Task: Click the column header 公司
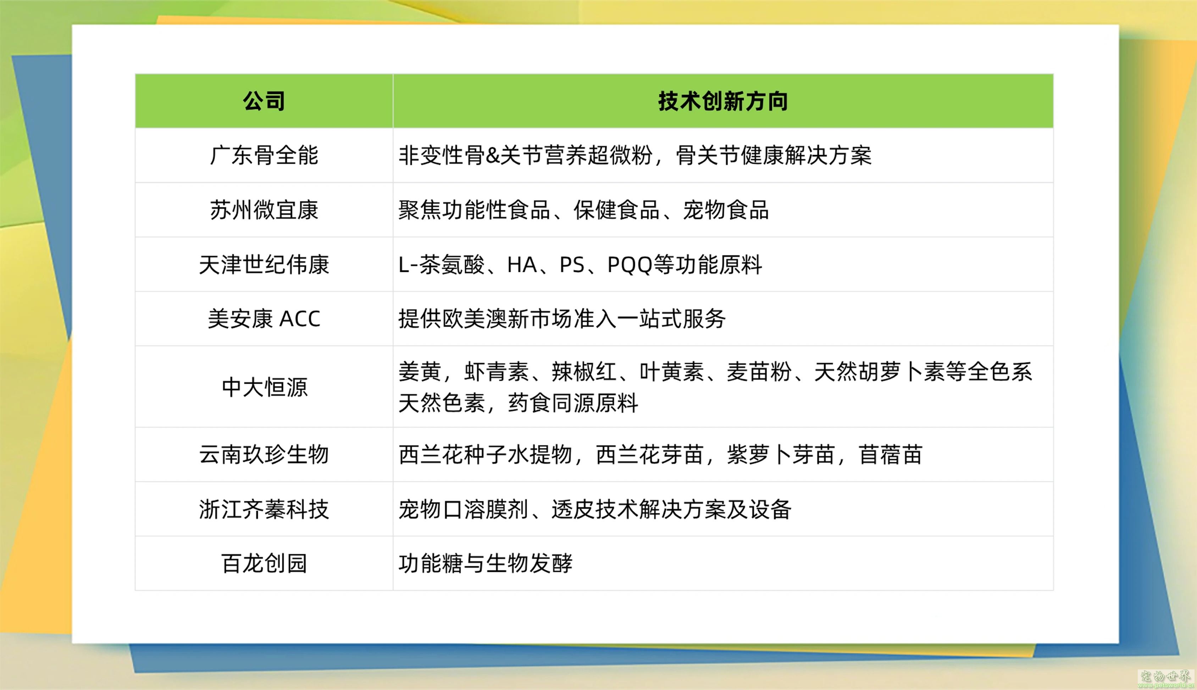(264, 101)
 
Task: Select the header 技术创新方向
(723, 101)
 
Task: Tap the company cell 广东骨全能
(264, 155)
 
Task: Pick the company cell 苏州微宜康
(264, 210)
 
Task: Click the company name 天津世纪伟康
(264, 265)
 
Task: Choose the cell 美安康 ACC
(264, 318)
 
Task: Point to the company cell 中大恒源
(264, 387)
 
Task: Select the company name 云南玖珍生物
(264, 455)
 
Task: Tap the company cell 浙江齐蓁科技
(264, 510)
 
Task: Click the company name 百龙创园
(264, 563)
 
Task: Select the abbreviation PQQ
(630, 265)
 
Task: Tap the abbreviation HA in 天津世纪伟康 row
(522, 265)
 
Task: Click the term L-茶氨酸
(441, 265)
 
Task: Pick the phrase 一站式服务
(671, 319)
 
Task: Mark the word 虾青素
(496, 372)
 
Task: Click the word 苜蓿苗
(891, 455)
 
